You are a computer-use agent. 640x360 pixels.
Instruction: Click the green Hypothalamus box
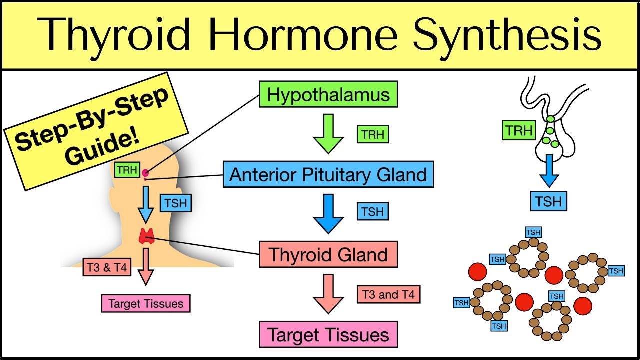coord(328,94)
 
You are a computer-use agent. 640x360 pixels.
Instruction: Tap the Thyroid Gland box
coord(328,254)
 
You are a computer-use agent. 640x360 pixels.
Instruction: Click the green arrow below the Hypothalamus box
coord(328,133)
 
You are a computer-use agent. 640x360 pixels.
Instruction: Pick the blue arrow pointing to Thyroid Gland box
coord(328,214)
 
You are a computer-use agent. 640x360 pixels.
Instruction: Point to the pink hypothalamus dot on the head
coord(145,173)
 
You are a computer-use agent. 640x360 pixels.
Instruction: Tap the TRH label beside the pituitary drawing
coord(518,131)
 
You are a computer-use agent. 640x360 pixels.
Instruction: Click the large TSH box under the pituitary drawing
coord(549,201)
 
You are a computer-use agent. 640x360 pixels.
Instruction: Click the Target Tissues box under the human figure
coord(146,303)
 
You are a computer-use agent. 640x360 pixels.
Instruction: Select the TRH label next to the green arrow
coord(373,134)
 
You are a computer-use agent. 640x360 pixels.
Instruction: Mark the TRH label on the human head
coord(127,170)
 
